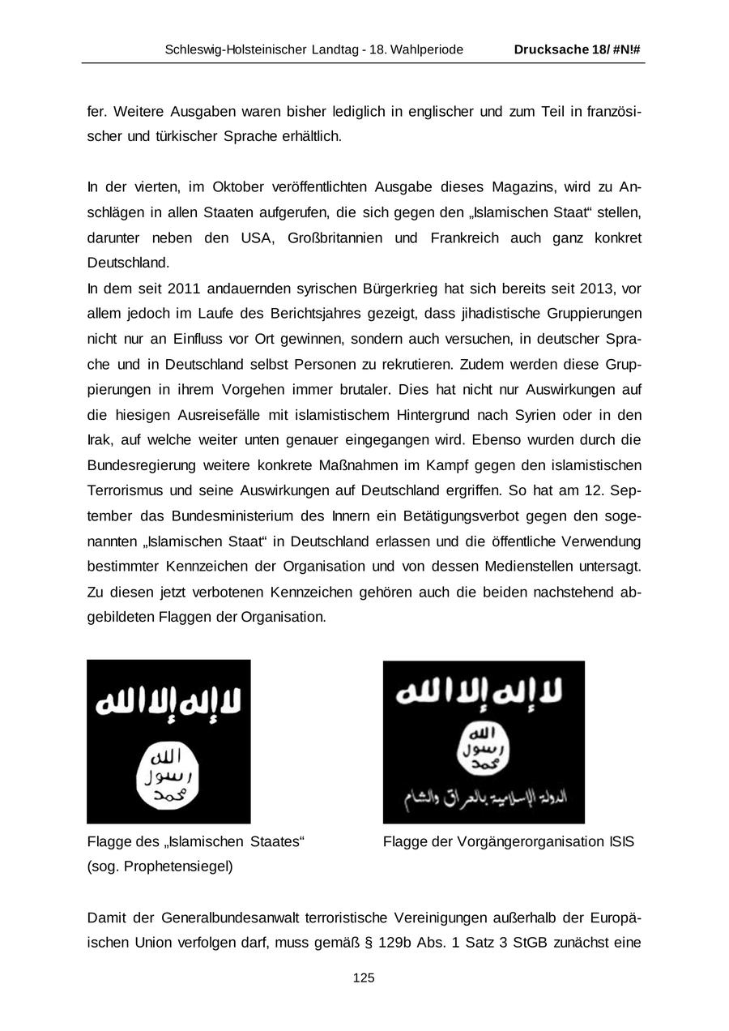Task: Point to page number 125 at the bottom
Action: (x=364, y=978)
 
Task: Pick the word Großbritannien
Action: (x=341, y=238)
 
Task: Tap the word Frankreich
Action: (x=465, y=238)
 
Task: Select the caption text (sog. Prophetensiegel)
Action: (x=160, y=866)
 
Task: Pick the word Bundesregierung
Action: (x=144, y=465)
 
